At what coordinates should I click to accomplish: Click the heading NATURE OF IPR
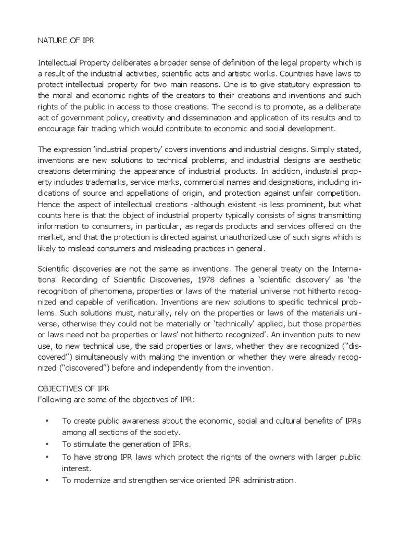point(63,39)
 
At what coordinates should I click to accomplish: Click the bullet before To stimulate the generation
point(47,444)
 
